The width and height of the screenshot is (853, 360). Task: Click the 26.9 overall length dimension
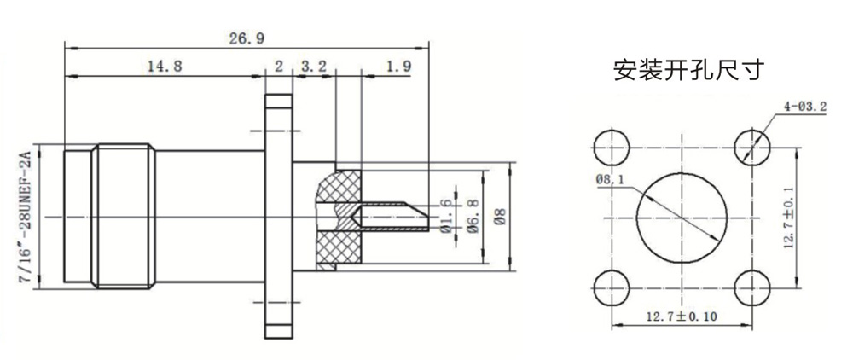pos(247,38)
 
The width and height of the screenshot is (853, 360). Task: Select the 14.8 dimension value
pos(165,67)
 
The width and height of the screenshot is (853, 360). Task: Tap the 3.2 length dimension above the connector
pos(313,67)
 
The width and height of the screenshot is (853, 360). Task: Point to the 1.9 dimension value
pos(398,67)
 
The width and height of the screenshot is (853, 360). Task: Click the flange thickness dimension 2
pos(279,67)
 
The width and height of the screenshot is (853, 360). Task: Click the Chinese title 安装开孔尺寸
pos(689,71)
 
